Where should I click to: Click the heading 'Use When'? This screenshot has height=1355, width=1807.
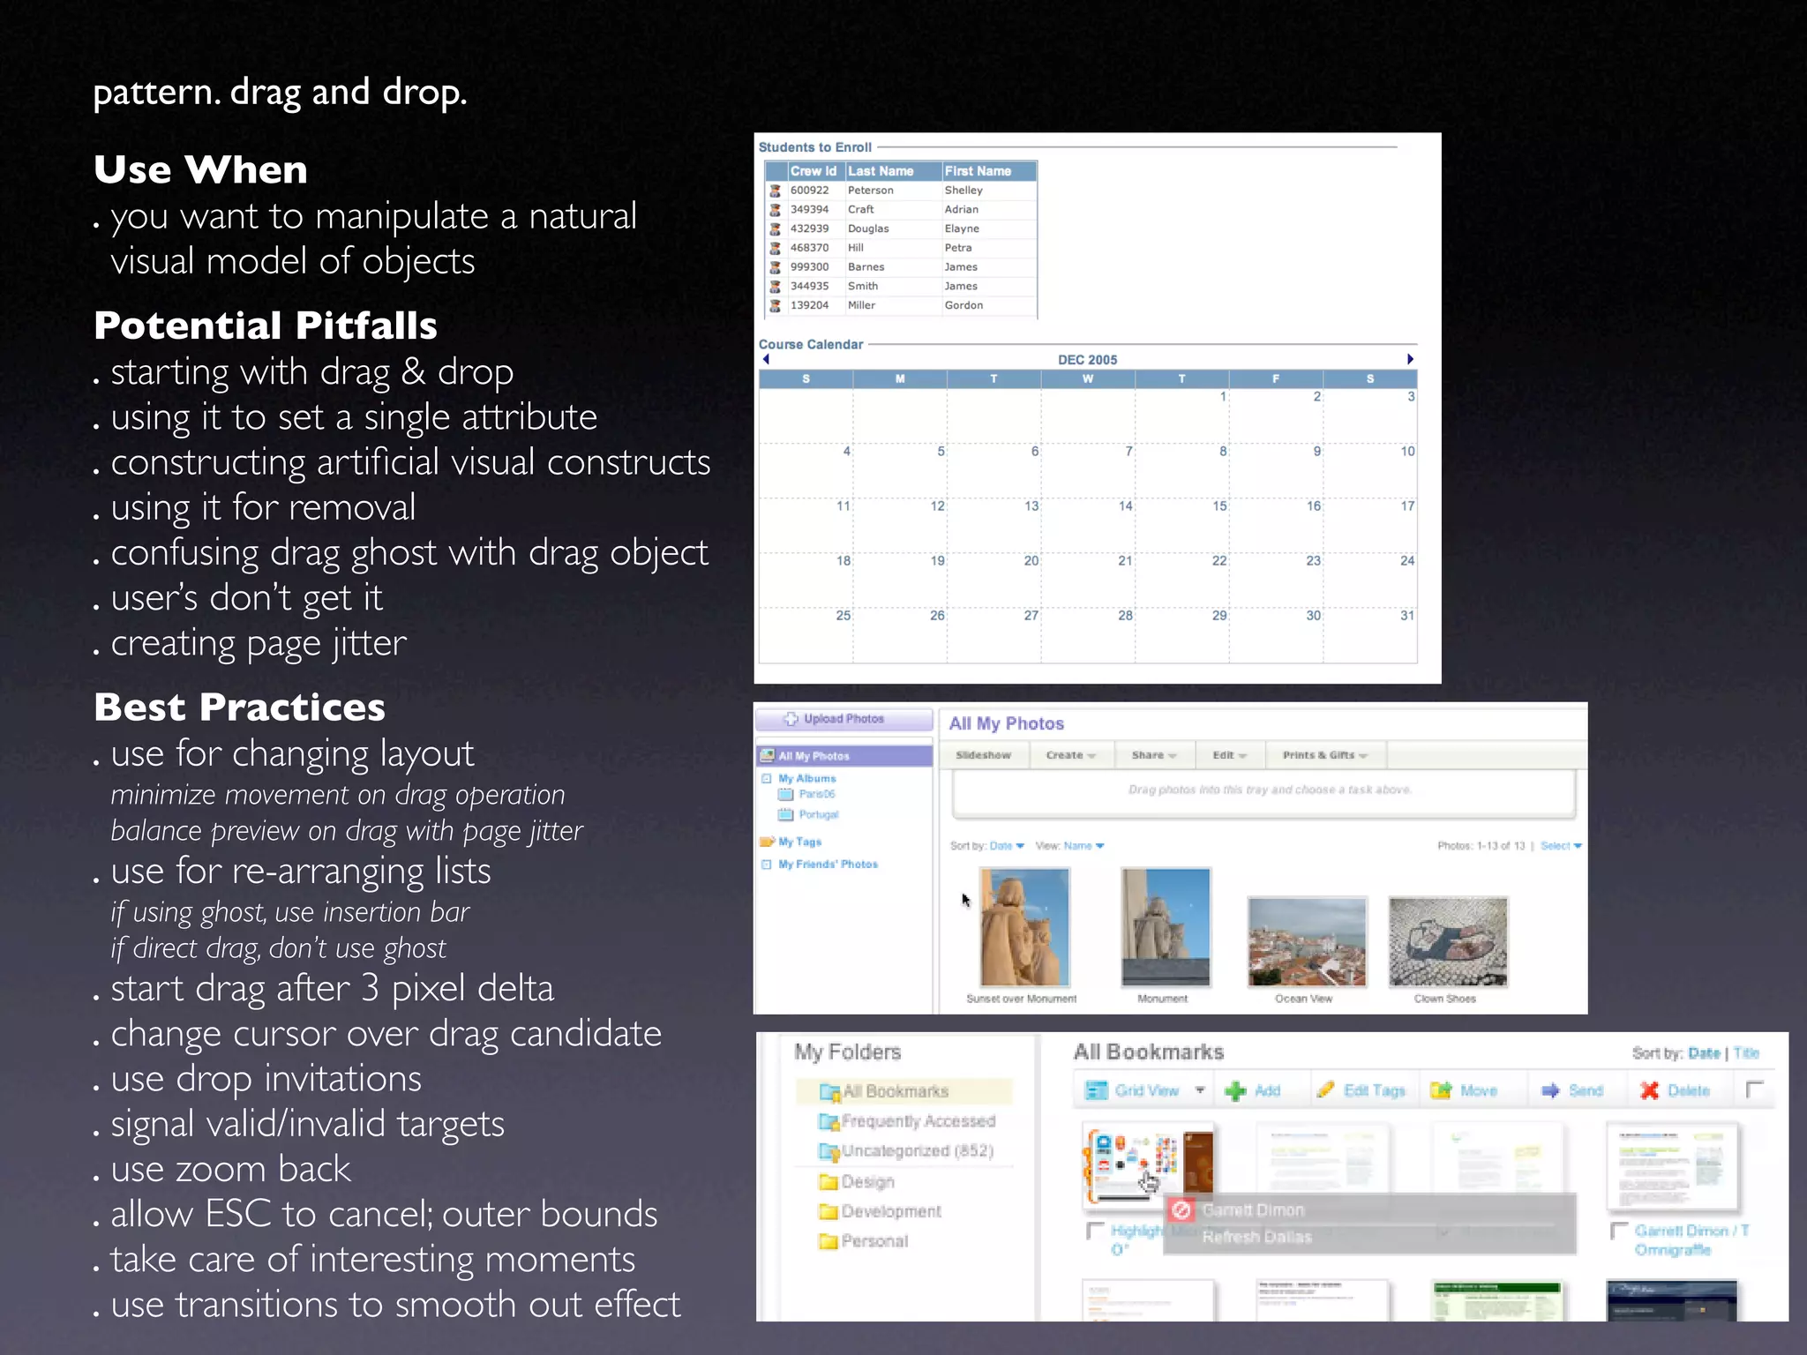click(x=200, y=169)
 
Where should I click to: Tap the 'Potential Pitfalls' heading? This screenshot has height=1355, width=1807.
click(x=266, y=326)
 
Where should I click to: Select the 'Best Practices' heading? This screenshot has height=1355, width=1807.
click(x=239, y=707)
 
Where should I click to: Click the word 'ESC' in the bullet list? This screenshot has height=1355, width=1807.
click(x=238, y=1214)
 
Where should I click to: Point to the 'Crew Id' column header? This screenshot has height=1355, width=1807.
click(x=813, y=171)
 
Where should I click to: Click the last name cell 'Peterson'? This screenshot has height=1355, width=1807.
click(x=870, y=191)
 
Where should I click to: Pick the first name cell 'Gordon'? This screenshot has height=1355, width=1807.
click(x=963, y=305)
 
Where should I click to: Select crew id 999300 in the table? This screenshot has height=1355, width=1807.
click(x=809, y=267)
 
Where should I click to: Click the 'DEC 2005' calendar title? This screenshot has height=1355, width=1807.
click(x=1087, y=360)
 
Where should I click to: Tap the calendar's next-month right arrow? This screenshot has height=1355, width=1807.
click(x=1410, y=359)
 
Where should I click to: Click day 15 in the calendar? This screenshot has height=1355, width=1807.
click(x=1219, y=506)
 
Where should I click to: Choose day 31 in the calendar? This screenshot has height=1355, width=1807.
click(x=1407, y=616)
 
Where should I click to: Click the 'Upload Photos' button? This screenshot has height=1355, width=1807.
click(x=843, y=719)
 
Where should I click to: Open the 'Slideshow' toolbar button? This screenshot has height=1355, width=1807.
click(x=983, y=755)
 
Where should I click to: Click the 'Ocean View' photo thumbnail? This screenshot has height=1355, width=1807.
click(x=1307, y=941)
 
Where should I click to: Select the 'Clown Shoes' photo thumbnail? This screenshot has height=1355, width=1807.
click(x=1448, y=941)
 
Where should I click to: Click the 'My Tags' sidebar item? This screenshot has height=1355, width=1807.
click(x=799, y=842)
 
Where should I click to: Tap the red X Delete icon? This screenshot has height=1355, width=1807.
click(x=1649, y=1090)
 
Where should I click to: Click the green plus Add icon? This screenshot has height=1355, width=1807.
click(x=1235, y=1091)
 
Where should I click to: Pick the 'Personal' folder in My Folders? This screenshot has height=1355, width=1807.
click(x=874, y=1241)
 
